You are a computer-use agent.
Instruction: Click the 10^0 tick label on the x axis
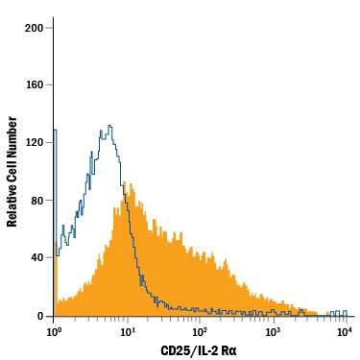(x=55, y=331)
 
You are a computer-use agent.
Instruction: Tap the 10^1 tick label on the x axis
(x=127, y=331)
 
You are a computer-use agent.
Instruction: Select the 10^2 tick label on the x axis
(x=200, y=331)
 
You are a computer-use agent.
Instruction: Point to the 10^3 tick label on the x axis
(x=273, y=331)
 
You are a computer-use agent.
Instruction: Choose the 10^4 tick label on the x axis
(x=345, y=331)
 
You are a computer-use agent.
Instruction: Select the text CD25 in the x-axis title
(x=173, y=349)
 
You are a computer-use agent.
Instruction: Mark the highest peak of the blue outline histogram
(x=110, y=126)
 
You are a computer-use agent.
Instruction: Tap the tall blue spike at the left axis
(x=56, y=130)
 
